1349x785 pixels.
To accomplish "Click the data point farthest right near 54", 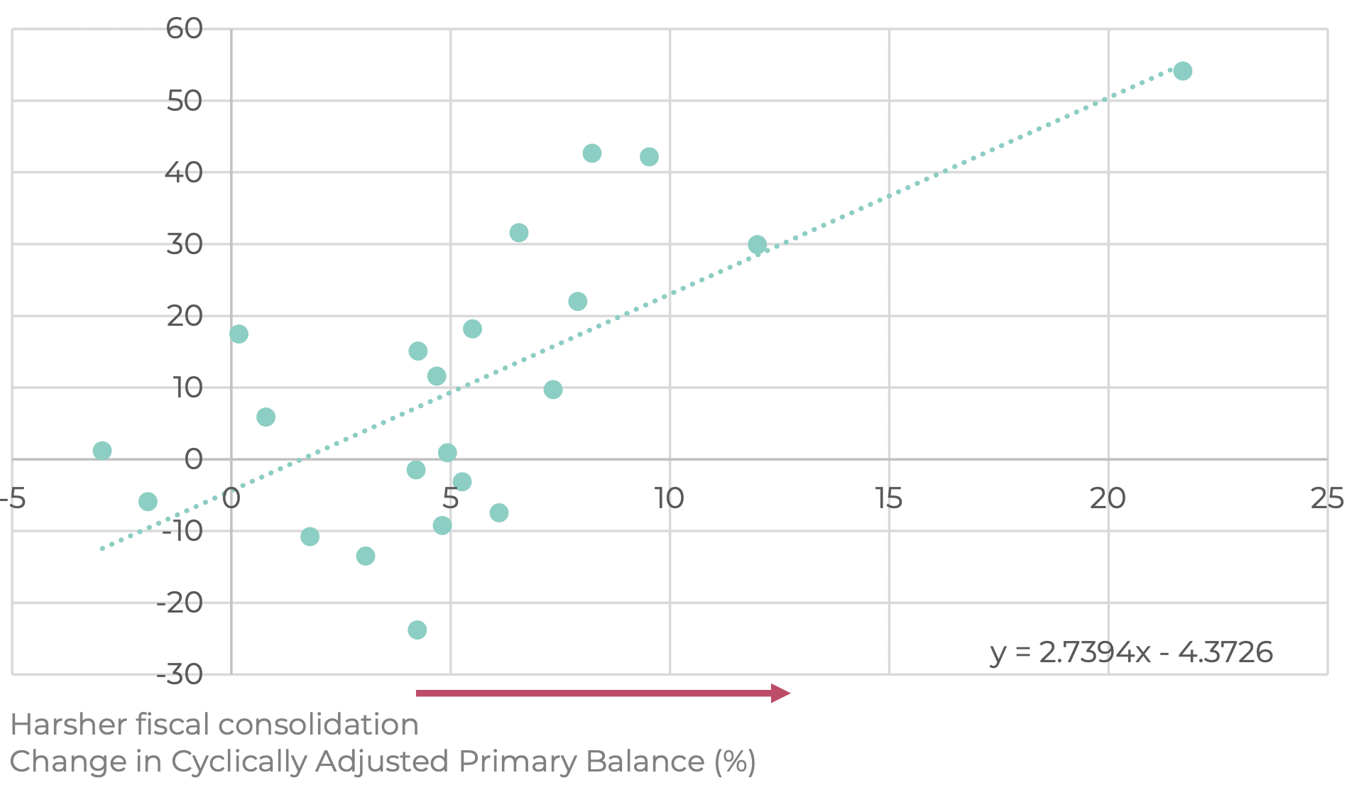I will pos(1182,71).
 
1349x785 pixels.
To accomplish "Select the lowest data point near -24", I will pos(417,630).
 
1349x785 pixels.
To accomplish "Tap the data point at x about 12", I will pos(757,245).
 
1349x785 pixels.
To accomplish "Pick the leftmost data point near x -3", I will pos(102,451).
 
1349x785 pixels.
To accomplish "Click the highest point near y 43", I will pos(591,153).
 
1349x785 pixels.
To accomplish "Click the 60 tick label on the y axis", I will pos(184,29).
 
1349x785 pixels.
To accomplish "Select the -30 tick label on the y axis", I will pos(180,674).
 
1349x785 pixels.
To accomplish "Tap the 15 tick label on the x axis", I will pos(888,499).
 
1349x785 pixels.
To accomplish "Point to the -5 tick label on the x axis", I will pos(13,499).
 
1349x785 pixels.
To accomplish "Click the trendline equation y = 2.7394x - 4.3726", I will pos(1131,652).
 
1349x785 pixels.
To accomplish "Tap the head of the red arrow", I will pos(780,693).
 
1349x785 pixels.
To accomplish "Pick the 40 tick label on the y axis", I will pos(184,172).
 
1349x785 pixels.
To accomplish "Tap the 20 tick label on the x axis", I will pos(1108,499).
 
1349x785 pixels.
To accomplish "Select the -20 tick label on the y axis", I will pos(180,603).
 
